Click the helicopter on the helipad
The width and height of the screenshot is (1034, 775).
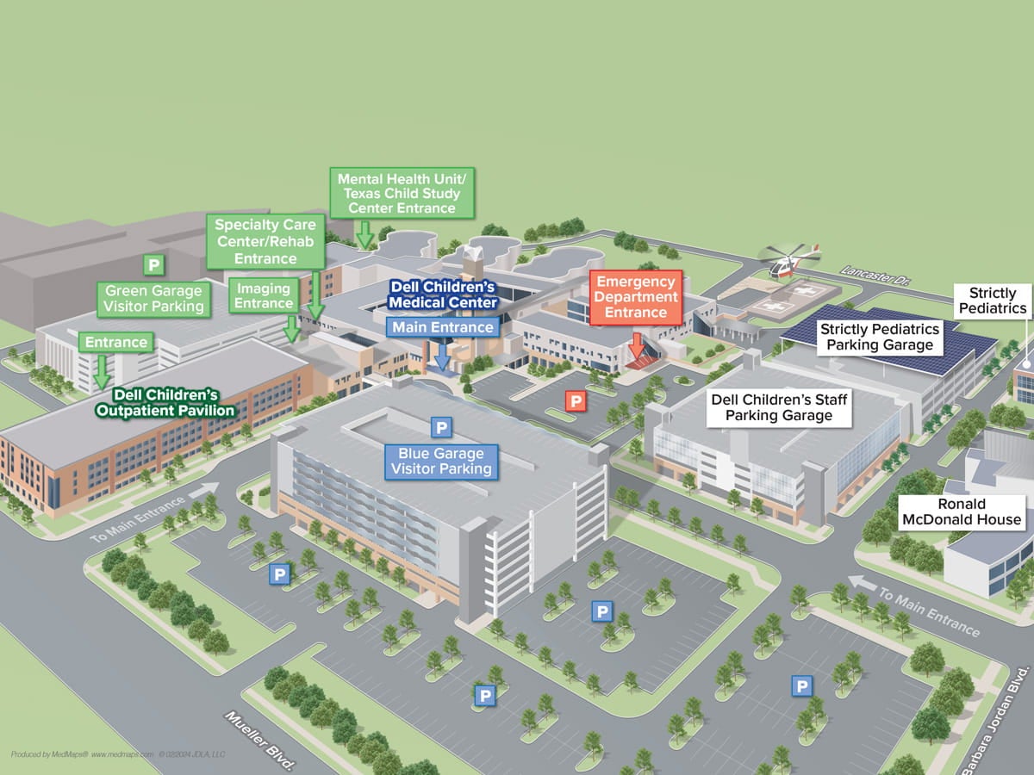788,261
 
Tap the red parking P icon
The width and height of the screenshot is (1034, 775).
575,400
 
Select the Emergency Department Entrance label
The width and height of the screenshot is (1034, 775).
636,297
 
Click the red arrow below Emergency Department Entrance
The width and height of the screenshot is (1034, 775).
637,347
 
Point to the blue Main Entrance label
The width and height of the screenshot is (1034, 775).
443,327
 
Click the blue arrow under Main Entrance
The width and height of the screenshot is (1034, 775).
443,356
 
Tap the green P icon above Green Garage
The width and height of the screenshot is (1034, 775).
154,264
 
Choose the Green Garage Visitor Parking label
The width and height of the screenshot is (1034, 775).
154,298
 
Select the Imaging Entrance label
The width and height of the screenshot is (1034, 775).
265,295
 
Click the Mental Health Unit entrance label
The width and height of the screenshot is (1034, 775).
402,193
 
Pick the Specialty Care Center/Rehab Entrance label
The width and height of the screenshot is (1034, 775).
266,241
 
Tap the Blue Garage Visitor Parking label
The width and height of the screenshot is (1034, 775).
441,461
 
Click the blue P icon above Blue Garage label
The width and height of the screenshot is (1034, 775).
441,427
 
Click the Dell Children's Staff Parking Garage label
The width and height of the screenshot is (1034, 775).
779,407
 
